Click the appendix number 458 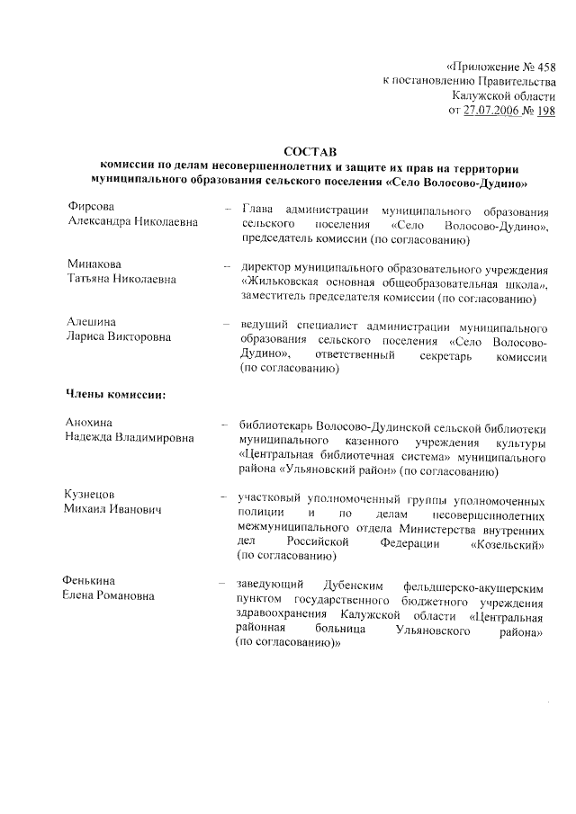click(x=542, y=65)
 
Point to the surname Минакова click(x=94, y=264)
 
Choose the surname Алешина click(x=91, y=321)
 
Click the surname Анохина click(x=90, y=422)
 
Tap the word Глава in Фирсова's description click(x=257, y=209)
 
